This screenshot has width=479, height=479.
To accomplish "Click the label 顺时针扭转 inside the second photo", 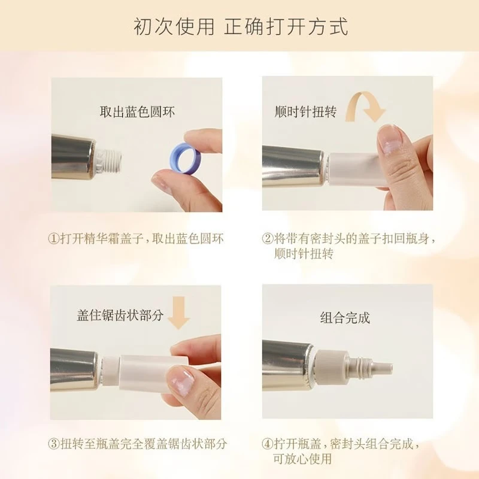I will pyautogui.click(x=305, y=112).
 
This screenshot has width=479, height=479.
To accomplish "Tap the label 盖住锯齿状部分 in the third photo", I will pyautogui.click(x=120, y=316).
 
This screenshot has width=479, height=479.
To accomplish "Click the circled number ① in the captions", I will pyautogui.click(x=53, y=238).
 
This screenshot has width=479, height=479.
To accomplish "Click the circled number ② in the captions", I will pyautogui.click(x=268, y=238).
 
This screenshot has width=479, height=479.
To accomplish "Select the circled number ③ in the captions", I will pyautogui.click(x=53, y=444).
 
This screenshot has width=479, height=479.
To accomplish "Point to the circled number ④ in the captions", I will pyautogui.click(x=268, y=444).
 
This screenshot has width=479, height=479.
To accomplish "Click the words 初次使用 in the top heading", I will pyautogui.click(x=174, y=27).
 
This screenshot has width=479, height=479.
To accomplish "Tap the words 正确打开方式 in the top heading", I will pyautogui.click(x=286, y=27).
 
